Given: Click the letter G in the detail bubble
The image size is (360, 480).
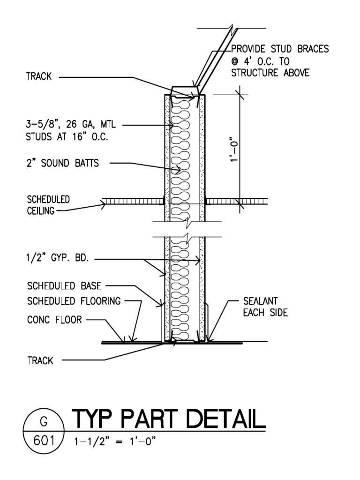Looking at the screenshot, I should coord(43,421).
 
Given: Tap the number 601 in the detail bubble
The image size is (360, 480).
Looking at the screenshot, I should coord(43,441).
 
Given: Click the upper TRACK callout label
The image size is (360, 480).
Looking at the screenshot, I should coord(39,77).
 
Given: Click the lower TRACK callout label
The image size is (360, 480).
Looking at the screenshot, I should coord(40,361).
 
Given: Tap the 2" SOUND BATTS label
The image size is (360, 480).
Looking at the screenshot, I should coord(63,163).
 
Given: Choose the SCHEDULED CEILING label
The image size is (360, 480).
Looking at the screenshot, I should coord(47,205).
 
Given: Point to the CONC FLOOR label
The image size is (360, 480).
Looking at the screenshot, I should coord(54,320).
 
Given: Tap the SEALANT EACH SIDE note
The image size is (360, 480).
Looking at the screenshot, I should coord(265,307).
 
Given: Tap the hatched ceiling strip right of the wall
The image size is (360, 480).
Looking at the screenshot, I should coord(237,201).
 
